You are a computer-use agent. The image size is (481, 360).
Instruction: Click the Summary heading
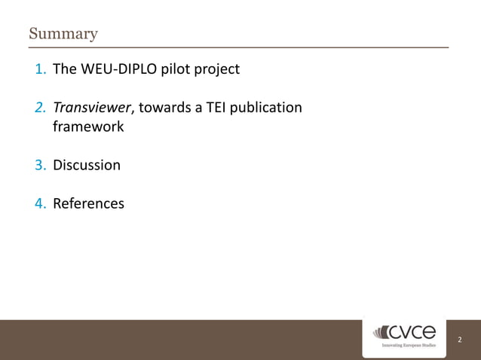[63, 34]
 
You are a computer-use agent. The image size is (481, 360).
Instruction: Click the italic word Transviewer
[91, 108]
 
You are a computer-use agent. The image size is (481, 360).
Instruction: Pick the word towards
[164, 108]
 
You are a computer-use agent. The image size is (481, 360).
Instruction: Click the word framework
[87, 127]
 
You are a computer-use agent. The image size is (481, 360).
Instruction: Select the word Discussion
[86, 165]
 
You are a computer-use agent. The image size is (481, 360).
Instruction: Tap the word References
[88, 203]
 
